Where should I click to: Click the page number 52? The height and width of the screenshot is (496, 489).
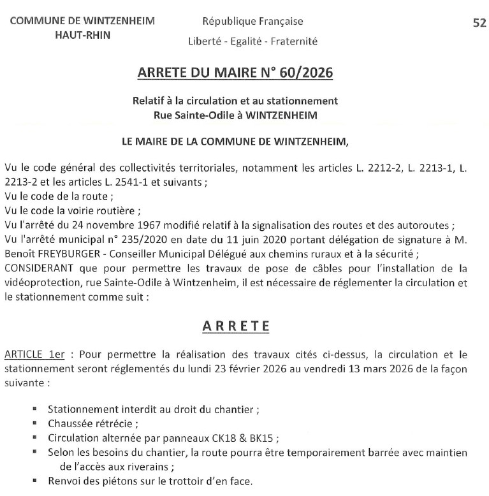click(x=479, y=24)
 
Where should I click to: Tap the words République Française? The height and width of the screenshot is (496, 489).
click(x=252, y=22)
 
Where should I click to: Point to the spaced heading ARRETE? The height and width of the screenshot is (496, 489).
click(x=236, y=326)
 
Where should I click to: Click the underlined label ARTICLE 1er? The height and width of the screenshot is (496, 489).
click(x=34, y=355)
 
